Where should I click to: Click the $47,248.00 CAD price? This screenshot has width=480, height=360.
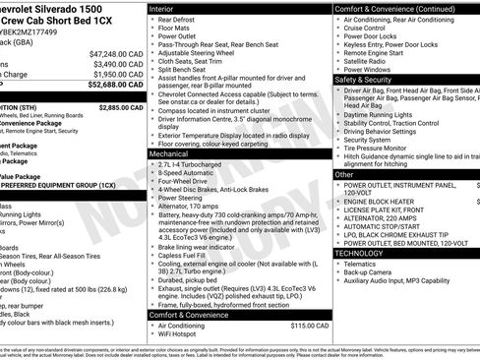click(117, 53)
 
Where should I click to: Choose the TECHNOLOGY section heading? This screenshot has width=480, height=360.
click(360, 253)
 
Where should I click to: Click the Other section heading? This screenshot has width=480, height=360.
click(344, 174)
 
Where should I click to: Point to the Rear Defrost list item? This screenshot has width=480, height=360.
click(179, 19)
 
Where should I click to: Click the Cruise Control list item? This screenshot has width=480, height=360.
click(369, 30)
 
